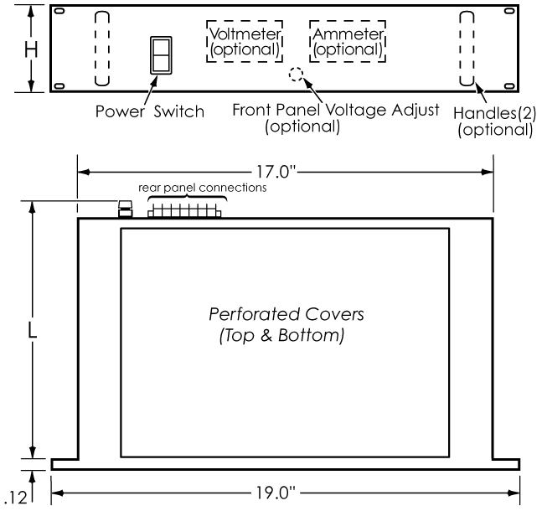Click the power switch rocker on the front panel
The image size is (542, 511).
click(161, 55)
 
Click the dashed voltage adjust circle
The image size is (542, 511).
click(297, 68)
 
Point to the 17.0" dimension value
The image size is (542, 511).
click(276, 172)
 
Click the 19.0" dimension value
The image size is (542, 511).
click(276, 493)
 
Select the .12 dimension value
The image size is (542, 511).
click(16, 498)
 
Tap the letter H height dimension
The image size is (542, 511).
click(31, 49)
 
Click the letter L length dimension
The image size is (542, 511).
click(32, 331)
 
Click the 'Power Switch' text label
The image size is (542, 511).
click(150, 111)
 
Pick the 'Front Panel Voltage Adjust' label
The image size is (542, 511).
click(336, 111)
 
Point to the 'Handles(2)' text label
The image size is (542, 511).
click(494, 113)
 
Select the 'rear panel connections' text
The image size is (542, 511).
click(202, 188)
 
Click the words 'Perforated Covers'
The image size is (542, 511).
click(286, 314)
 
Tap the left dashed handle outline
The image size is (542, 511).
click(95, 49)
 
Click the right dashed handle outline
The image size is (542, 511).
click(460, 49)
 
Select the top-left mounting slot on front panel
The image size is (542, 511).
click(59, 11)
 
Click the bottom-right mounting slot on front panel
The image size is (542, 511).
click(509, 85)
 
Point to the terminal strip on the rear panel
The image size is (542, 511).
click(184, 211)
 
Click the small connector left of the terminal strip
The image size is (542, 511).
click(125, 209)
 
